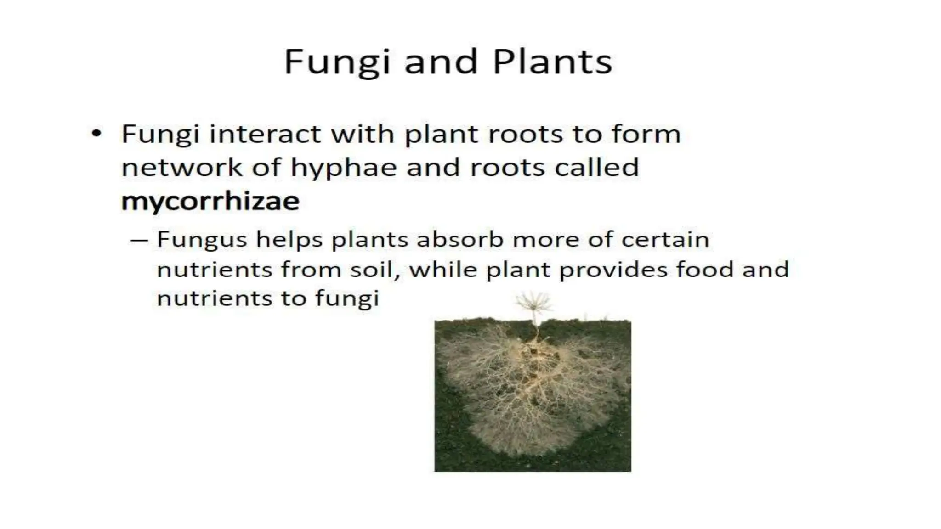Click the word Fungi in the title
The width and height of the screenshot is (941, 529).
tap(336, 62)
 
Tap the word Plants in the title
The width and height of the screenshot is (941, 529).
tap(552, 62)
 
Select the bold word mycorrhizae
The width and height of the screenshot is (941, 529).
tap(210, 201)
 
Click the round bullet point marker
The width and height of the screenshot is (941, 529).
tap(96, 134)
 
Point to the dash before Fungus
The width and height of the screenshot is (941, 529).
tap(139, 240)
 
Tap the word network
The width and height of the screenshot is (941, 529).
tap(181, 167)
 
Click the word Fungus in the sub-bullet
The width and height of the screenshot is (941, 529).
tap(202, 240)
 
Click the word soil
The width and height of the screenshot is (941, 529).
tap(374, 269)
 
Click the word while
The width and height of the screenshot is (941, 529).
tap(443, 269)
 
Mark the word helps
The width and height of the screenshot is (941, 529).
tap(289, 240)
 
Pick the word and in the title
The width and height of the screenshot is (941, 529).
tap(440, 62)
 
